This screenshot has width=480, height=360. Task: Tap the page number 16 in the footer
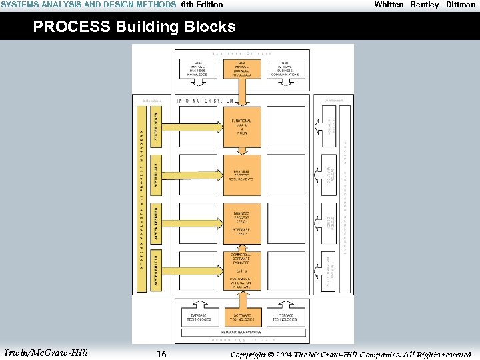click(161, 355)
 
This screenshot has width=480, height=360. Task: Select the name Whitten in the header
click(389, 5)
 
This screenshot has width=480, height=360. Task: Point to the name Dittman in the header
click(461, 5)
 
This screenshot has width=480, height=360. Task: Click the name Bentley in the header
click(425, 5)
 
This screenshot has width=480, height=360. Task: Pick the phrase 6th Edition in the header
click(202, 5)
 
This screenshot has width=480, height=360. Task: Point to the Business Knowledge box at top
click(198, 69)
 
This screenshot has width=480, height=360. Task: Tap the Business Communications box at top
click(285, 69)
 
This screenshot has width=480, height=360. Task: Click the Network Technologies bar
click(241, 331)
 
